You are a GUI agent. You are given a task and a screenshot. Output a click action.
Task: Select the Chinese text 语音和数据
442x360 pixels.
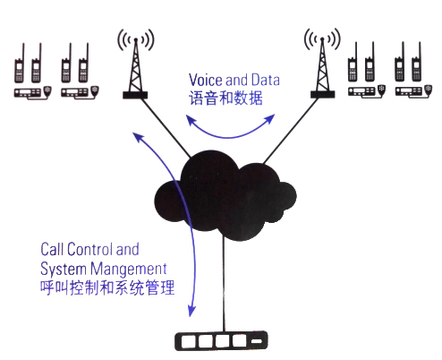tap(225, 98)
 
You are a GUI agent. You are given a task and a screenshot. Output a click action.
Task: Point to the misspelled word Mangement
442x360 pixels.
tap(129, 269)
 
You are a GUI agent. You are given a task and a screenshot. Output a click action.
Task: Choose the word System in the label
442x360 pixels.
tap(64, 270)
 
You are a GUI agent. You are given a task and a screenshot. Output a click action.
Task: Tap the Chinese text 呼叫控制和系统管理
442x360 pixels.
tap(107, 287)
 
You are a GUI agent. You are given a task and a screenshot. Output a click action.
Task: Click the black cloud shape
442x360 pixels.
tap(225, 195)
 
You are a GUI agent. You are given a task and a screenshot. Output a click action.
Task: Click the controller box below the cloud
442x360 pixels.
tap(221, 340)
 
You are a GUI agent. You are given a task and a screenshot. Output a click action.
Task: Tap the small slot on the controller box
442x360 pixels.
tap(257, 341)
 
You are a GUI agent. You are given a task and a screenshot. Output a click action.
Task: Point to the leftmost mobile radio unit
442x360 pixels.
tap(33, 92)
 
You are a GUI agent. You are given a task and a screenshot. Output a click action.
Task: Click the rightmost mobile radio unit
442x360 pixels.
tap(413, 91)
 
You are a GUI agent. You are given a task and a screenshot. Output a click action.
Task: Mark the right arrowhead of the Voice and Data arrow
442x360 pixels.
tap(270, 118)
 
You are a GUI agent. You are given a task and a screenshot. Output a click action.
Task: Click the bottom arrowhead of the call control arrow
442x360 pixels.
tap(191, 311)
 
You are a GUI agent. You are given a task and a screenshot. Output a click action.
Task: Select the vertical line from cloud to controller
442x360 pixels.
tap(224, 285)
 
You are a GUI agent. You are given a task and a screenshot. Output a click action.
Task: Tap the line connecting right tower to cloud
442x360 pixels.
tap(291, 132)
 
